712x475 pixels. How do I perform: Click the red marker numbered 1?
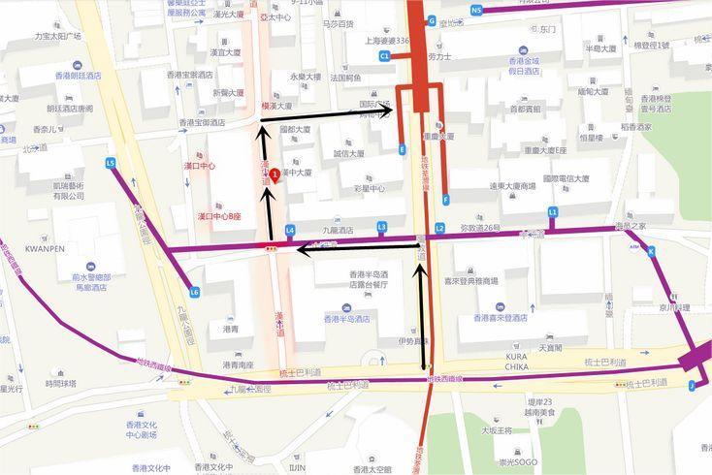click(x=275, y=175)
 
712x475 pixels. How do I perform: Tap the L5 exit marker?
click(x=111, y=163)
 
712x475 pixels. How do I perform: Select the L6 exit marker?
click(x=195, y=291)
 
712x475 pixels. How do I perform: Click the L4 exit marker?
click(x=290, y=230)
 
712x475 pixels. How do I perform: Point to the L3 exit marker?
click(x=381, y=227)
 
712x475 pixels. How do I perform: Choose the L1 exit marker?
click(x=553, y=211)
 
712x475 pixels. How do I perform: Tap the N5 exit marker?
click(x=476, y=10)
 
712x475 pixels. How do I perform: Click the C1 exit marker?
click(x=384, y=56)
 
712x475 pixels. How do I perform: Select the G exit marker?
click(x=432, y=20)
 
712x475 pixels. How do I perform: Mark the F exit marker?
click(x=445, y=200)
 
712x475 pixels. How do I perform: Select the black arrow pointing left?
click(x=359, y=250)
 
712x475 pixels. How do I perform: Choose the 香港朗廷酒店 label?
click(x=78, y=76)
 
